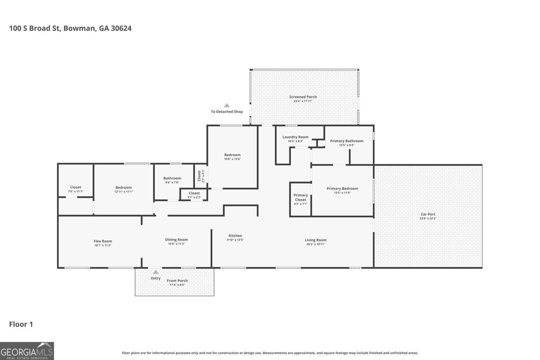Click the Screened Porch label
(x=303, y=97)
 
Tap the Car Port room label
(x=428, y=214)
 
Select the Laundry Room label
(x=295, y=137)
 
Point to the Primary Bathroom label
(x=347, y=141)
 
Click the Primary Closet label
(x=301, y=197)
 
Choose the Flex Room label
(x=103, y=241)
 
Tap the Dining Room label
(x=176, y=240)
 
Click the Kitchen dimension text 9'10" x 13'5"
(x=235, y=240)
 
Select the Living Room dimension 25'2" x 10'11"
(x=316, y=244)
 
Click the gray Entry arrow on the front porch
(x=156, y=272)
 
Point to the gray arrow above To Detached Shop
(x=226, y=105)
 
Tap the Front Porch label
(x=177, y=281)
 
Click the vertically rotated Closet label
(x=199, y=176)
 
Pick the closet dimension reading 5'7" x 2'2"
(x=194, y=198)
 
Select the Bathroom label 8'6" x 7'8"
(x=172, y=178)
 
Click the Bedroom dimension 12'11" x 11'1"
(x=124, y=192)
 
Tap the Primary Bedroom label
(x=342, y=189)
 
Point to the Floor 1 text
(x=21, y=324)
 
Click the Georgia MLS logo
(x=27, y=351)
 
